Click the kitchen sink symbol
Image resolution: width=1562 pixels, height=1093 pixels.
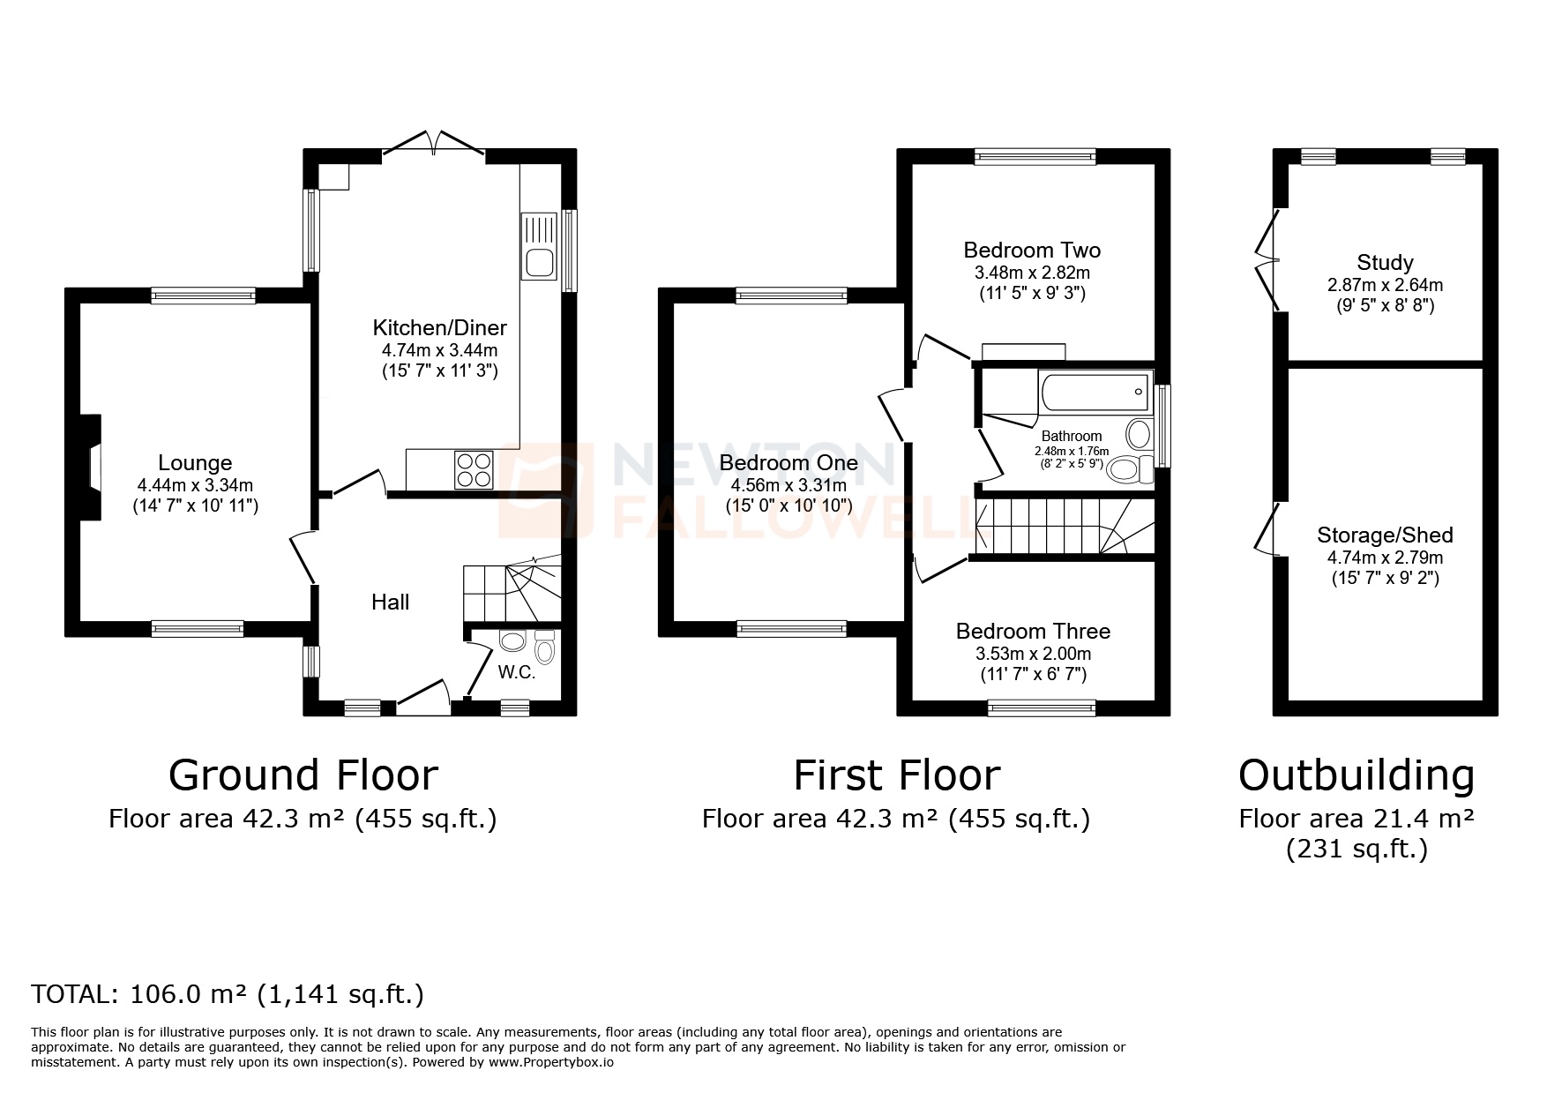pyautogui.click(x=537, y=246)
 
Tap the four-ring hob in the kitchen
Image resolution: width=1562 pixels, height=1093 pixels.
pyautogui.click(x=474, y=469)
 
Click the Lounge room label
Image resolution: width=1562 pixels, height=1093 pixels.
pyautogui.click(x=195, y=462)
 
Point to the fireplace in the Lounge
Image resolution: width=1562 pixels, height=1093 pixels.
pyautogui.click(x=92, y=467)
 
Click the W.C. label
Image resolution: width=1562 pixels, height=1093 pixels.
pyautogui.click(x=517, y=672)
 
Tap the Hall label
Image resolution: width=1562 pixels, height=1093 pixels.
pyautogui.click(x=390, y=602)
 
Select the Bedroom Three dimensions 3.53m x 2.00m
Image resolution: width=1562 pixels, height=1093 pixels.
pyautogui.click(x=1033, y=654)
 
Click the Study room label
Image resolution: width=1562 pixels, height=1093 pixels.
pyautogui.click(x=1385, y=262)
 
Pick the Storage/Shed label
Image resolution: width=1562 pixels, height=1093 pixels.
pyautogui.click(x=1385, y=535)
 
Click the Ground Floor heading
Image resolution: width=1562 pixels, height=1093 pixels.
pyautogui.click(x=303, y=775)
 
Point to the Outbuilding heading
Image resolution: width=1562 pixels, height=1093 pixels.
pyautogui.click(x=1356, y=775)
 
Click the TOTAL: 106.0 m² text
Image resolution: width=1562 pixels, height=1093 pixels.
pyautogui.click(x=228, y=994)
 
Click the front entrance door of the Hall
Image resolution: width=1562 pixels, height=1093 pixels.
pyautogui.click(x=424, y=693)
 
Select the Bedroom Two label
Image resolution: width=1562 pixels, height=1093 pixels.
pyautogui.click(x=1032, y=250)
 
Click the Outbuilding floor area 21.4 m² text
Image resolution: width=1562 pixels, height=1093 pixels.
pyautogui.click(x=1356, y=819)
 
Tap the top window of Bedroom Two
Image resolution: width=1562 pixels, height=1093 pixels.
pyautogui.click(x=1035, y=157)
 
